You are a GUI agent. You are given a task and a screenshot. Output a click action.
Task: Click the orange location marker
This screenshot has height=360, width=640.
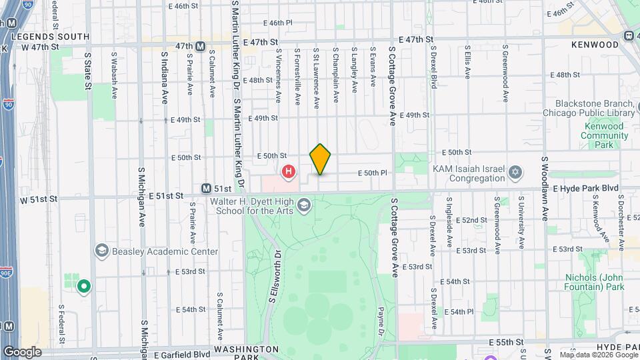pyautogui.click(x=320, y=159)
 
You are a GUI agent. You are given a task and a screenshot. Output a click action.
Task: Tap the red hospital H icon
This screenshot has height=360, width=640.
pyautogui.click(x=289, y=173)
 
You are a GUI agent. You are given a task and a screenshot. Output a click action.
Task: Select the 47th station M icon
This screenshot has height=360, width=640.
pyautogui.click(x=200, y=46)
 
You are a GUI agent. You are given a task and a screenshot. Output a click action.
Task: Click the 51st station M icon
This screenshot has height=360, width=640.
pyautogui.click(x=207, y=189)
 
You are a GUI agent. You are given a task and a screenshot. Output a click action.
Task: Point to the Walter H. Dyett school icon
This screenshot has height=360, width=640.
pyautogui.click(x=305, y=204)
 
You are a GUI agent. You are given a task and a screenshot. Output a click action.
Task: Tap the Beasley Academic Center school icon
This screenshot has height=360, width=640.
pyautogui.click(x=101, y=251)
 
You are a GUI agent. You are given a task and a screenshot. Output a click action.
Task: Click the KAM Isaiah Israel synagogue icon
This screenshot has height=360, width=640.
pyautogui.click(x=514, y=173)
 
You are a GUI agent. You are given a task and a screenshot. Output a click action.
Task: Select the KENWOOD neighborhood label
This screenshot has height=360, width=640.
pyautogui.click(x=595, y=45)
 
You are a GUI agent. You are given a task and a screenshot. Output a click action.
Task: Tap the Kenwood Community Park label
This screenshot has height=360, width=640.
pyautogui.click(x=605, y=135)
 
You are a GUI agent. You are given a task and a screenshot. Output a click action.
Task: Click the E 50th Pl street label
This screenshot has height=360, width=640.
pyautogui.click(x=372, y=173)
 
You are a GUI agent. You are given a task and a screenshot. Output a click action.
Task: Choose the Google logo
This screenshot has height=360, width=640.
pyautogui.click(x=21, y=352)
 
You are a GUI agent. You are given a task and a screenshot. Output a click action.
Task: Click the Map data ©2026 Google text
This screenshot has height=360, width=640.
pyautogui.click(x=597, y=355)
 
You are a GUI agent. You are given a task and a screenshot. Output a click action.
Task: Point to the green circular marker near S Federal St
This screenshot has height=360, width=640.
pyautogui.click(x=83, y=287)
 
